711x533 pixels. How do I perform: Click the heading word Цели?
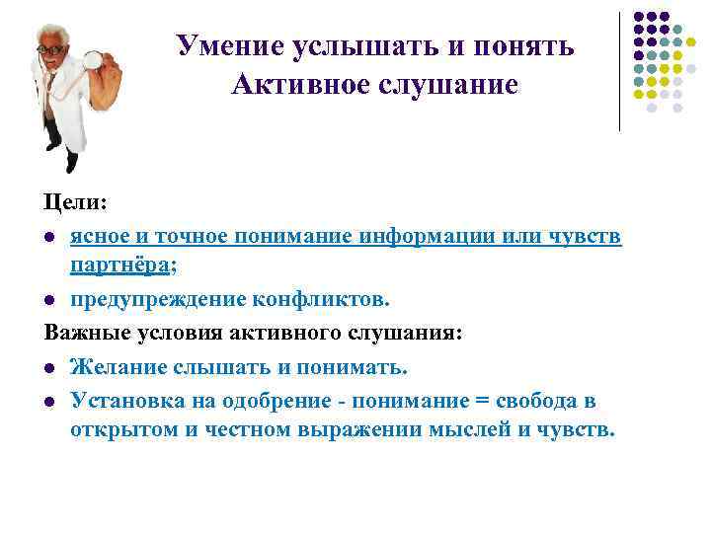point(75,202)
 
